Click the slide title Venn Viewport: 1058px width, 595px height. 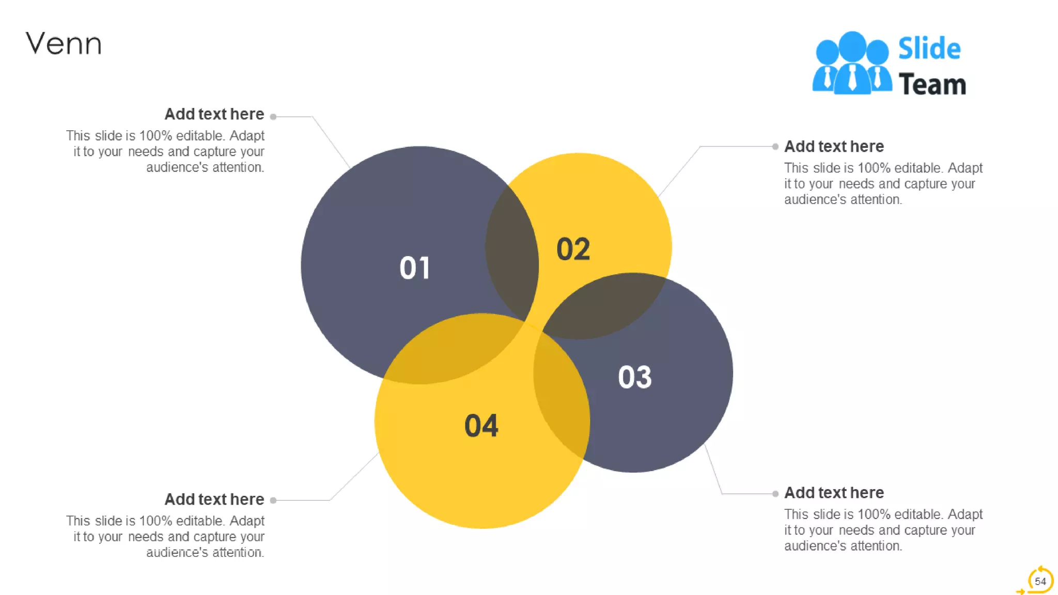pyautogui.click(x=64, y=43)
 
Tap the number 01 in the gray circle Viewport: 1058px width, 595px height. pyautogui.click(x=414, y=268)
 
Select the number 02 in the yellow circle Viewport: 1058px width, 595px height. pyautogui.click(x=573, y=249)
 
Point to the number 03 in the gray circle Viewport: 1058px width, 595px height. pyautogui.click(x=635, y=377)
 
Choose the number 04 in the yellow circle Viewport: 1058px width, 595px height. pyautogui.click(x=481, y=426)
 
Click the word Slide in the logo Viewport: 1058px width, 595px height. pyautogui.click(x=929, y=49)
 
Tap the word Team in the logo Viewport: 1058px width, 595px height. pyautogui.click(x=932, y=84)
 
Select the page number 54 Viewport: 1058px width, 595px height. pyautogui.click(x=1040, y=581)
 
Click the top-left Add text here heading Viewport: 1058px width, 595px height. pyautogui.click(x=214, y=114)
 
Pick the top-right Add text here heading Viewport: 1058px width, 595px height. pyautogui.click(x=834, y=147)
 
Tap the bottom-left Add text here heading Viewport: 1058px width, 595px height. pyautogui.click(x=214, y=499)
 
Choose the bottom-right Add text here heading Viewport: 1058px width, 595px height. pyautogui.click(x=834, y=493)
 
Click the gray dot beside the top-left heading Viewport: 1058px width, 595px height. pyautogui.click(x=273, y=117)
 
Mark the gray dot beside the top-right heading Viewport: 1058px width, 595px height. pyautogui.click(x=775, y=147)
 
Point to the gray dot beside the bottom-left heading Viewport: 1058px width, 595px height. pyautogui.click(x=273, y=500)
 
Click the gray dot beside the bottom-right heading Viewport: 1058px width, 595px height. pyautogui.click(x=775, y=494)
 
